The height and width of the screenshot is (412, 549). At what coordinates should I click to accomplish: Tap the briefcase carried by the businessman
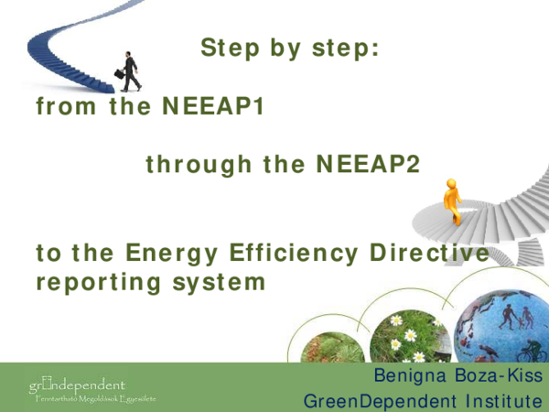[119, 74]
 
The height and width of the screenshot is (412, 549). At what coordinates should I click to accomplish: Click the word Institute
[494, 401]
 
